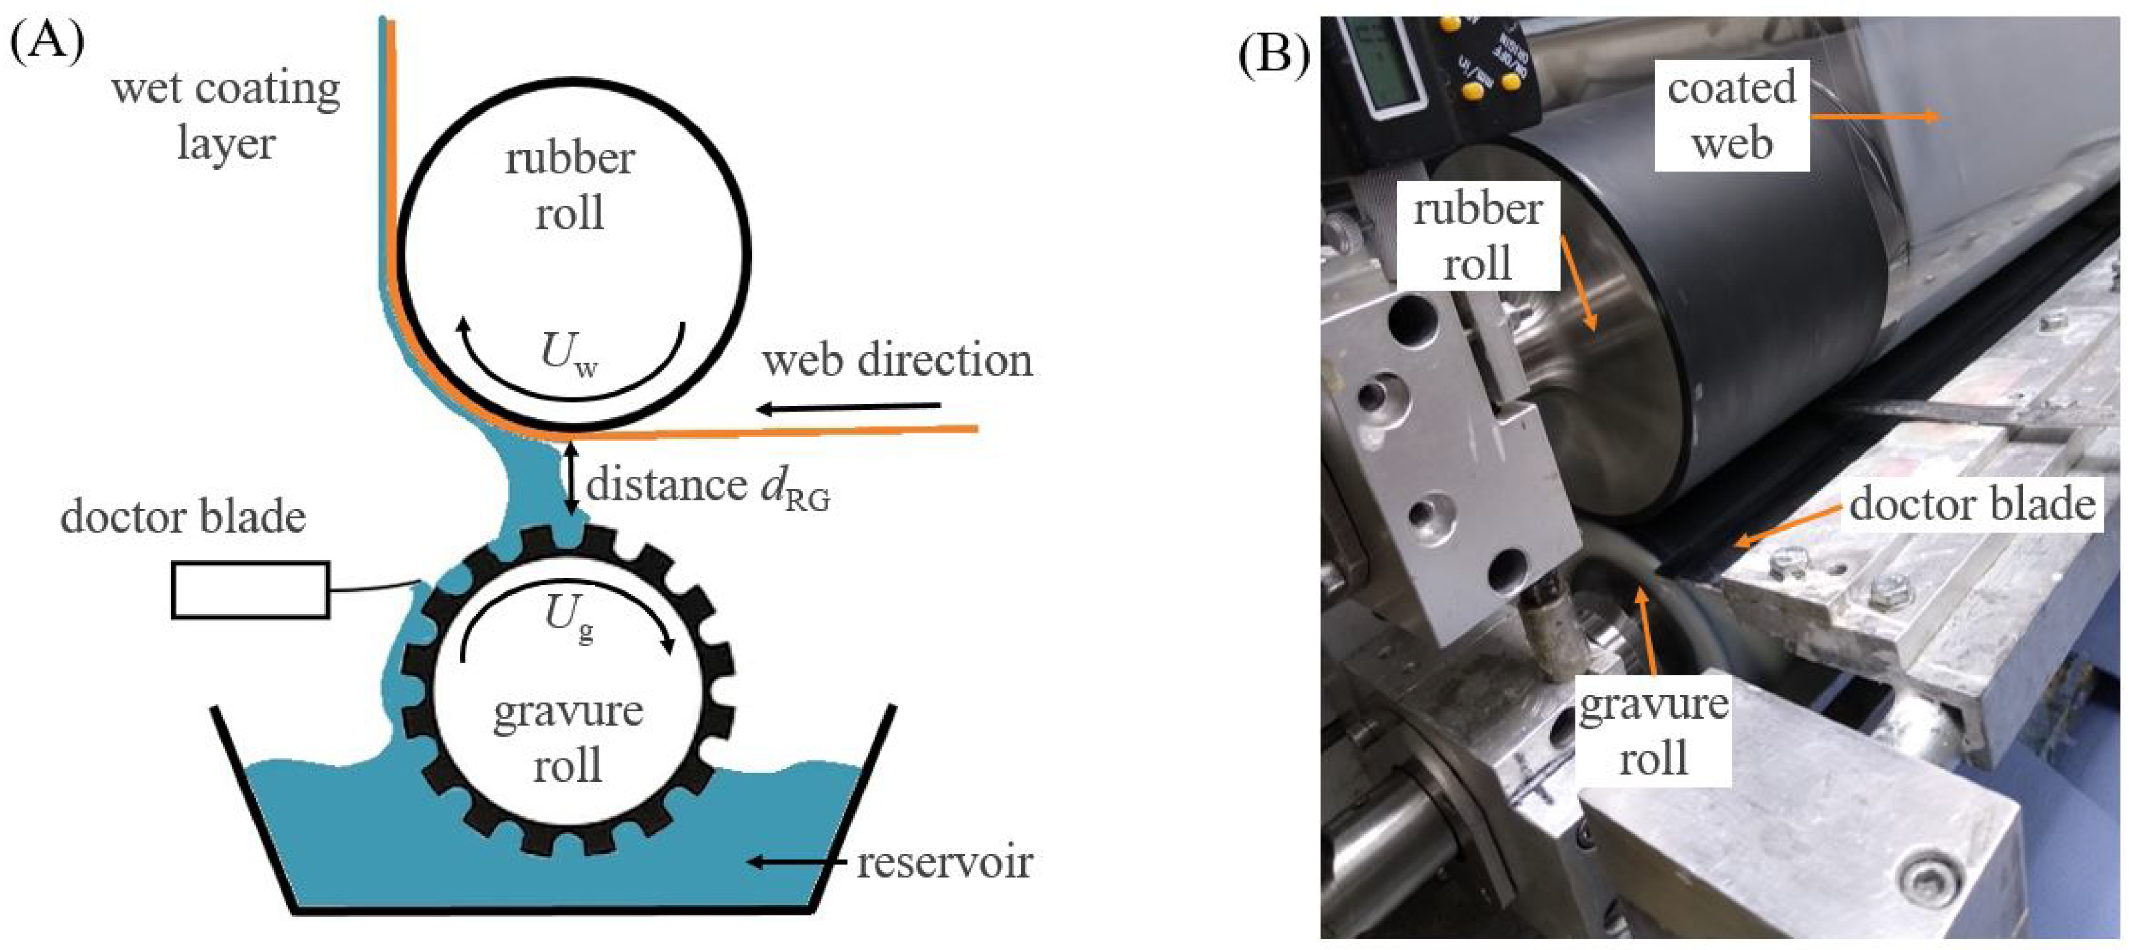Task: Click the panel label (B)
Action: click(1274, 55)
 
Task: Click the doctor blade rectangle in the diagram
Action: click(249, 589)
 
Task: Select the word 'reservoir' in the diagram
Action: click(944, 862)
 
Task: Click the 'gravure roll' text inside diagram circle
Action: click(568, 737)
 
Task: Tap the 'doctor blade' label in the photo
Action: click(1972, 504)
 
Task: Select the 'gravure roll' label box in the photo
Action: click(1653, 730)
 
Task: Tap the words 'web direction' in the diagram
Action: click(897, 361)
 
